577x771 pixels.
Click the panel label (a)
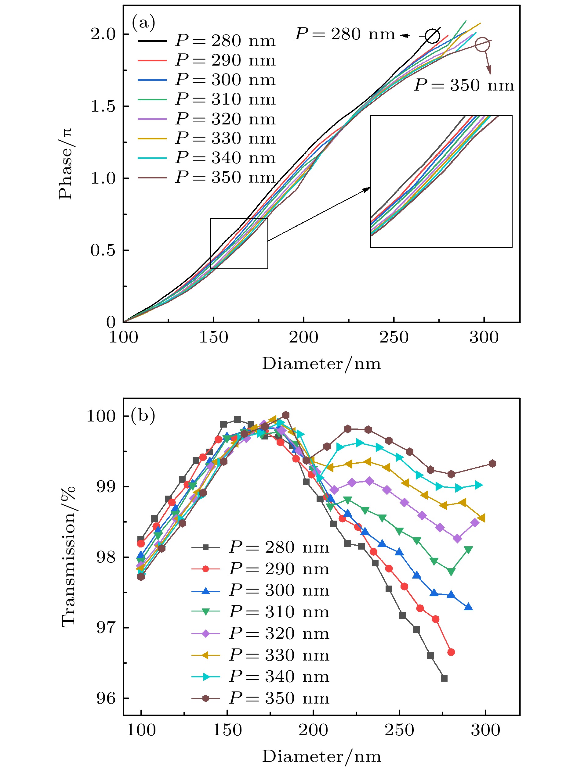pos(143,23)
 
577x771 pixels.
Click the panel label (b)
pos(143,415)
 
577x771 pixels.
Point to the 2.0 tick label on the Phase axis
pos(103,34)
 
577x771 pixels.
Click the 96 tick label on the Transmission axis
pos(106,698)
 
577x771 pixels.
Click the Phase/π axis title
pos(66,164)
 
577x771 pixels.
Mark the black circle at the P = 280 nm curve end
pos(432,36)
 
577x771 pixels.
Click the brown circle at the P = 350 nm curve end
pos(482,45)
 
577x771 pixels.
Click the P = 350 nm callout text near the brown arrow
pos(464,85)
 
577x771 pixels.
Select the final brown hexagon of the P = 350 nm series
pos(492,464)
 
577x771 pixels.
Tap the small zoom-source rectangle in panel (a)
pos(239,243)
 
